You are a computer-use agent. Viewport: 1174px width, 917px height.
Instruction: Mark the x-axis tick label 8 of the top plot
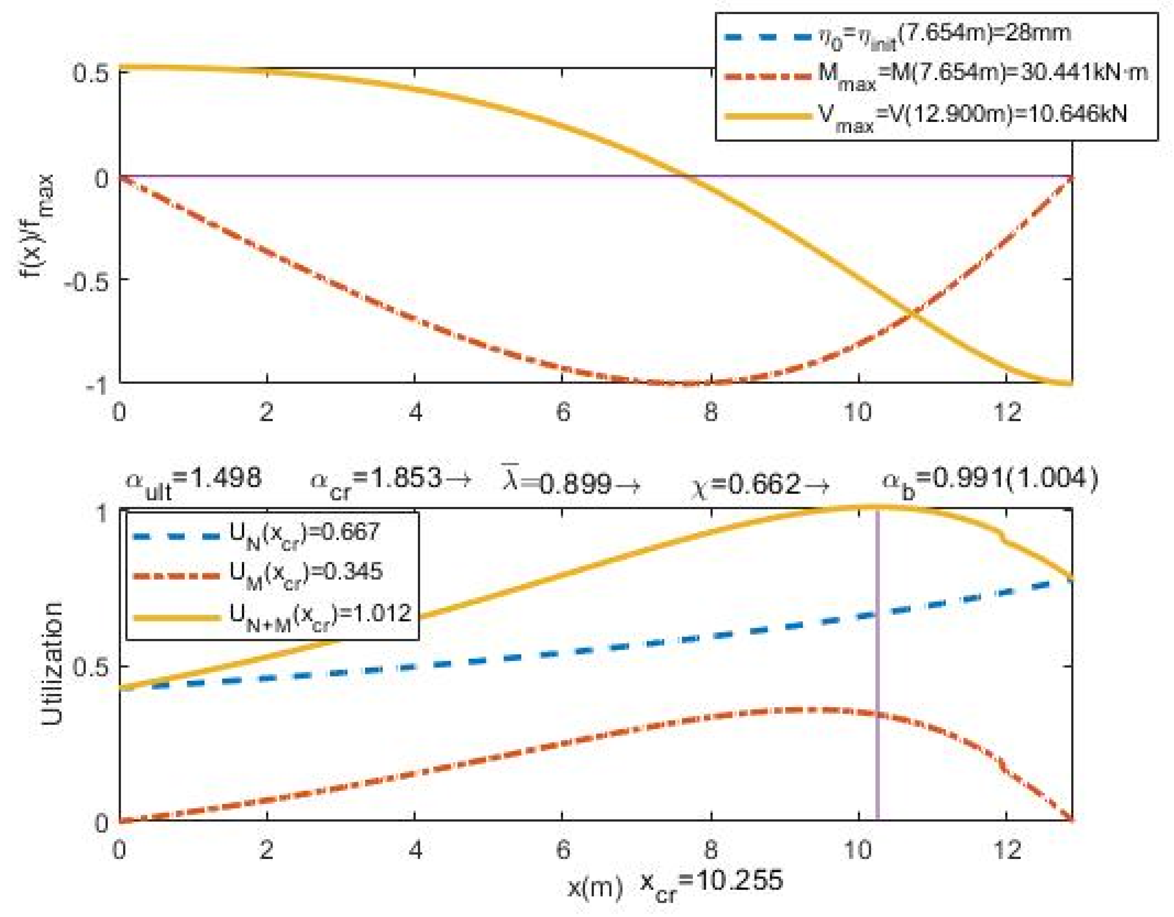[710, 413]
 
